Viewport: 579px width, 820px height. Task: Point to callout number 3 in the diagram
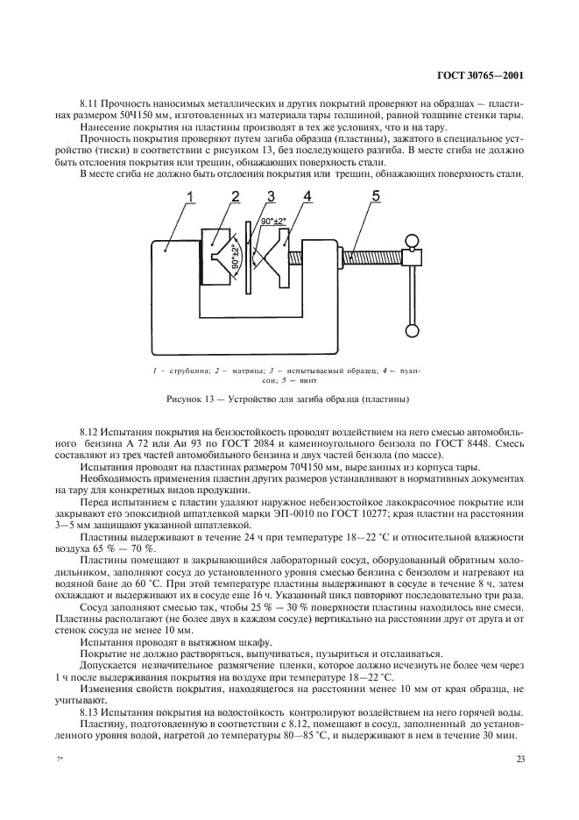pos(272,197)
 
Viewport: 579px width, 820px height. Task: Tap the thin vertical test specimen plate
pos(249,264)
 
